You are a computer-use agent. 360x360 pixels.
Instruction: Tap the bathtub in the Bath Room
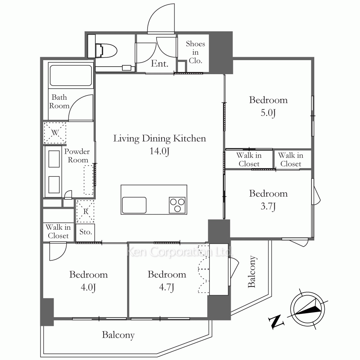pos(71,76)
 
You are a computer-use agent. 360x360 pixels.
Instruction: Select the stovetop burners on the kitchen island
pos(177,205)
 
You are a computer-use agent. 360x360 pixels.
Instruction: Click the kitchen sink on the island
pos(134,205)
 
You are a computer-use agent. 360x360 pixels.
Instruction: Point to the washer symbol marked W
pos(55,133)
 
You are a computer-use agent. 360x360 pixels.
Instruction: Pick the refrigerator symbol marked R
pos(85,211)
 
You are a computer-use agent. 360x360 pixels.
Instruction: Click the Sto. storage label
pos(86,232)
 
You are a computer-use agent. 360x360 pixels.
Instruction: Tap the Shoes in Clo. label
pos(195,52)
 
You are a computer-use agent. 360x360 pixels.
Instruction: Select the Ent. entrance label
pos(159,64)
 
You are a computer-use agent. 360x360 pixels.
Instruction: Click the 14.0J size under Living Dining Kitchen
pos(159,151)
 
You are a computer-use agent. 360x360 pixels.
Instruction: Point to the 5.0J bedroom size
pos(268,113)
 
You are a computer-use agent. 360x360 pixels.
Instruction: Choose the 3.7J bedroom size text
pos(268,206)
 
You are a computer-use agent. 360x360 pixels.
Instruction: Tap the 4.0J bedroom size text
pos(88,287)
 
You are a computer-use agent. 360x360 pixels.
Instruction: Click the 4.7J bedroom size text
pos(167,287)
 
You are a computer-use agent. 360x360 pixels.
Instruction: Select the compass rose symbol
pos(308,309)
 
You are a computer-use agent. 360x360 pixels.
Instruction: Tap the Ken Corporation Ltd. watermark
pos(180,252)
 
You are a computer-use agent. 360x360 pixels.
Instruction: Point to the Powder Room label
pos(77,156)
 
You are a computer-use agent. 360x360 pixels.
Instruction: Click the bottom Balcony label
pos(118,335)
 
